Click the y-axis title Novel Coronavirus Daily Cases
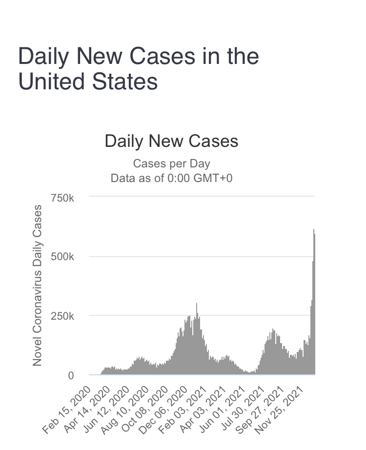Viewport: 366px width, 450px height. click(37, 286)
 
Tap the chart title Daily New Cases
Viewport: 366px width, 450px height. click(171, 142)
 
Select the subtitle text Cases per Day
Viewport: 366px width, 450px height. click(171, 164)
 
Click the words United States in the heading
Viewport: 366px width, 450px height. click(88, 81)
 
